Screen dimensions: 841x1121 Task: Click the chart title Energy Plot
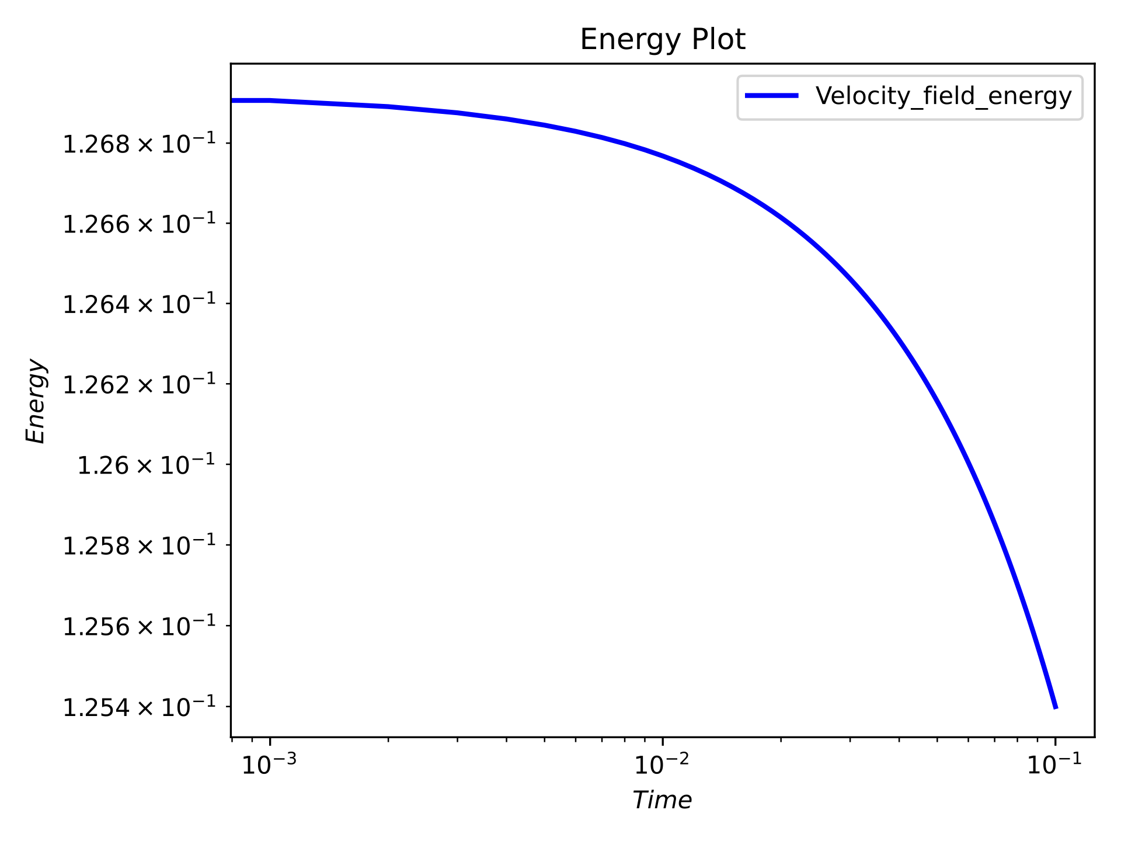point(662,40)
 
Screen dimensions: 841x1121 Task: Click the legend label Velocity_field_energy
point(943,96)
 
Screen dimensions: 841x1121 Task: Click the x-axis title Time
point(662,800)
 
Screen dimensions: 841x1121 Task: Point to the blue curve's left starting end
point(232,100)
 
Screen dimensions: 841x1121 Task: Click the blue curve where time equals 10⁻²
point(663,155)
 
